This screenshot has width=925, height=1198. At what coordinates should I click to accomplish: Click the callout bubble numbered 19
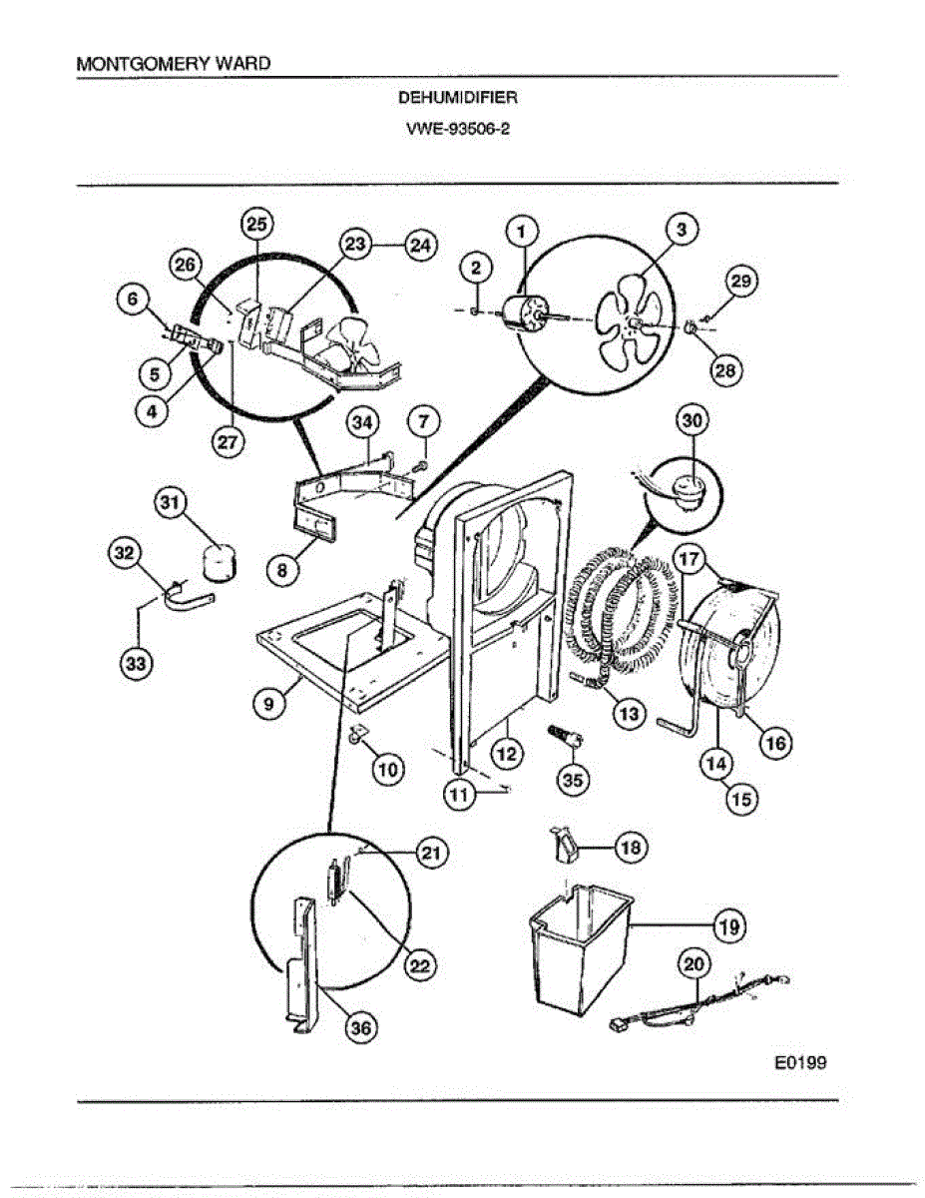729,927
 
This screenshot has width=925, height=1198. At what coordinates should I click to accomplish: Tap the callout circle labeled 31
170,505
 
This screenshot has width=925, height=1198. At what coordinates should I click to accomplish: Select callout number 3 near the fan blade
681,230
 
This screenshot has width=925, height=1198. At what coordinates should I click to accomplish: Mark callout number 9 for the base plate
268,703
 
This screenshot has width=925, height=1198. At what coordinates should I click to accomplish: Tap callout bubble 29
739,283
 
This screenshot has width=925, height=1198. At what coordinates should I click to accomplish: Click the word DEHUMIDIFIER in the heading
458,98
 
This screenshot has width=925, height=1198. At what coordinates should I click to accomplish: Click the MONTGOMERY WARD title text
173,63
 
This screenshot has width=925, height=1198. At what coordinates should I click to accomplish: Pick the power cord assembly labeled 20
698,1003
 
